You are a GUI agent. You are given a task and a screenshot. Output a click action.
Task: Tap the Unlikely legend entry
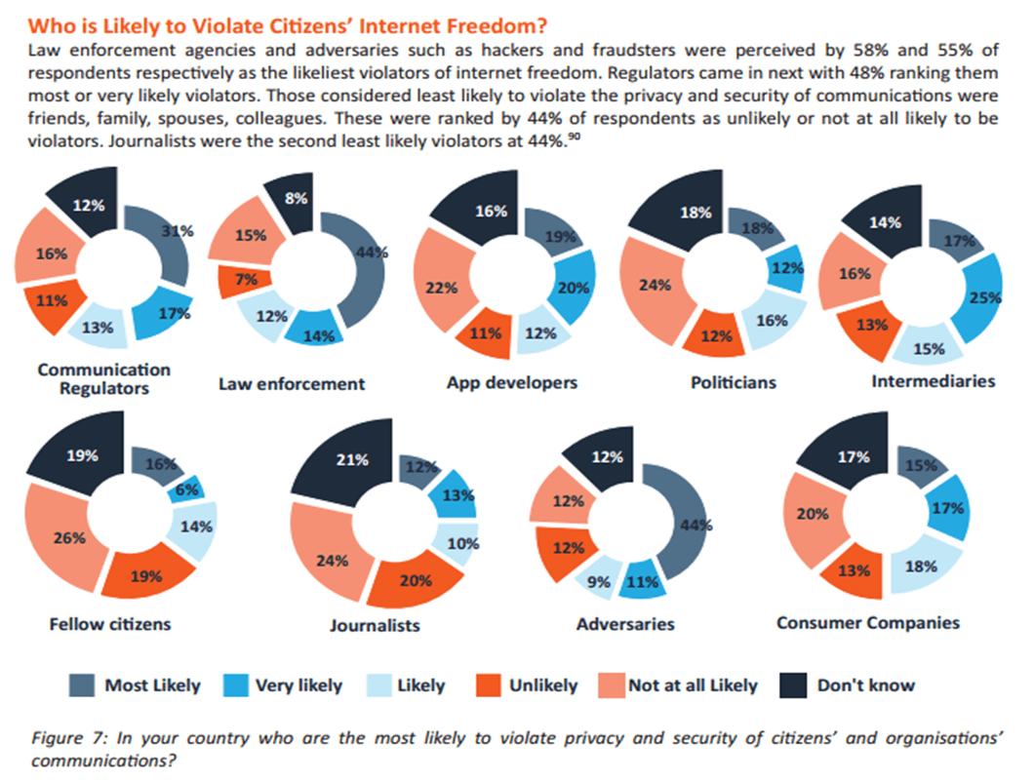[x=542, y=685]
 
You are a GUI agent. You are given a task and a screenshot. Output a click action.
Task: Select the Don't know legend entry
[x=866, y=685]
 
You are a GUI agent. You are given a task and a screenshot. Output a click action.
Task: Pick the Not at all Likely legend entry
[x=693, y=685]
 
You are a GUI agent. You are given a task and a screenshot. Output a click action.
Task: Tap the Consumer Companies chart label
[x=868, y=622]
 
